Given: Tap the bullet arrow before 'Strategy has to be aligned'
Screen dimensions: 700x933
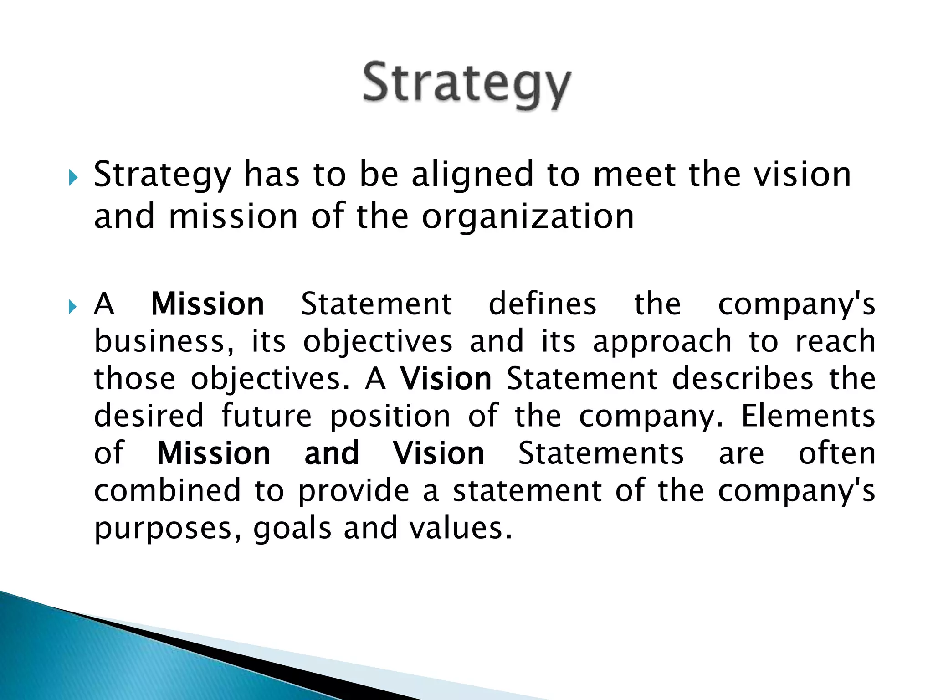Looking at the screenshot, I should coord(73,178).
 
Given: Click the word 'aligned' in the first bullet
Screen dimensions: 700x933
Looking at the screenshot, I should coord(472,175).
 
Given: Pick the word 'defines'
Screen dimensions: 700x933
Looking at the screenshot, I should coord(542,304).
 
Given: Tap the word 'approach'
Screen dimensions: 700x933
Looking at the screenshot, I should coord(662,342).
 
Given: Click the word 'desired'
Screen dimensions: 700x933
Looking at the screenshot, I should coord(149,416).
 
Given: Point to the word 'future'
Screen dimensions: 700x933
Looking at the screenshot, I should coord(267,416).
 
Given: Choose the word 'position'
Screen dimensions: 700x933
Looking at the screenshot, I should coord(390,417).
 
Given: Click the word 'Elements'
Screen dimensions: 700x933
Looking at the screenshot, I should coord(808,416).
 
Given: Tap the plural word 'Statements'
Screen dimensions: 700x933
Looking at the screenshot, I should coord(601,453).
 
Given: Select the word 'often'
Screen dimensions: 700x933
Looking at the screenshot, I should coord(837,453).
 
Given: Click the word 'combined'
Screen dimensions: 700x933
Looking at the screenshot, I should coord(167,491).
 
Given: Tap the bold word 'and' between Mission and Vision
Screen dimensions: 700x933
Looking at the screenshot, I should coord(332,453).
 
